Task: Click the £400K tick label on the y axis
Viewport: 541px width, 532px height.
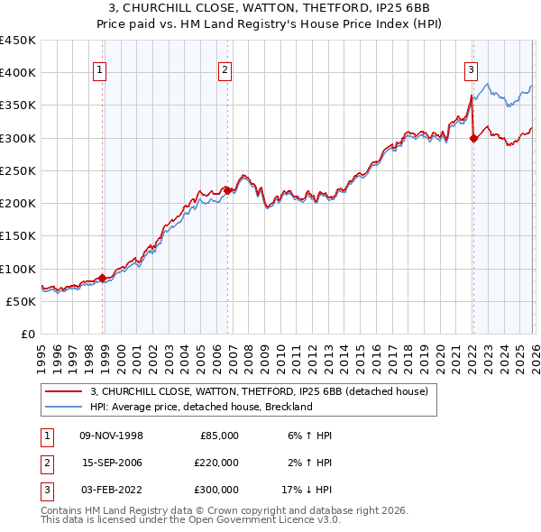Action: click(18, 73)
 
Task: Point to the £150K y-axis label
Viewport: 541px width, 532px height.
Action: click(18, 236)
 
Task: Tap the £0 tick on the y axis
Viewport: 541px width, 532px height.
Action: click(28, 335)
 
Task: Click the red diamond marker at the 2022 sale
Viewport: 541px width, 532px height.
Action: click(473, 138)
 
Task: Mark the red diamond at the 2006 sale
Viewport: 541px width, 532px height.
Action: click(227, 190)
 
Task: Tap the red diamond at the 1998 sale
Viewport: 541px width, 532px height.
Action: click(103, 278)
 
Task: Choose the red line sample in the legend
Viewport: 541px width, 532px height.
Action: click(63, 391)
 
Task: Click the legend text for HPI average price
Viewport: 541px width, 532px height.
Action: click(200, 407)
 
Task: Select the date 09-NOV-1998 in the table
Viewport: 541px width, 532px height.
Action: click(111, 436)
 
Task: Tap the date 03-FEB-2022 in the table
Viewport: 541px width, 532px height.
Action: click(111, 490)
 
